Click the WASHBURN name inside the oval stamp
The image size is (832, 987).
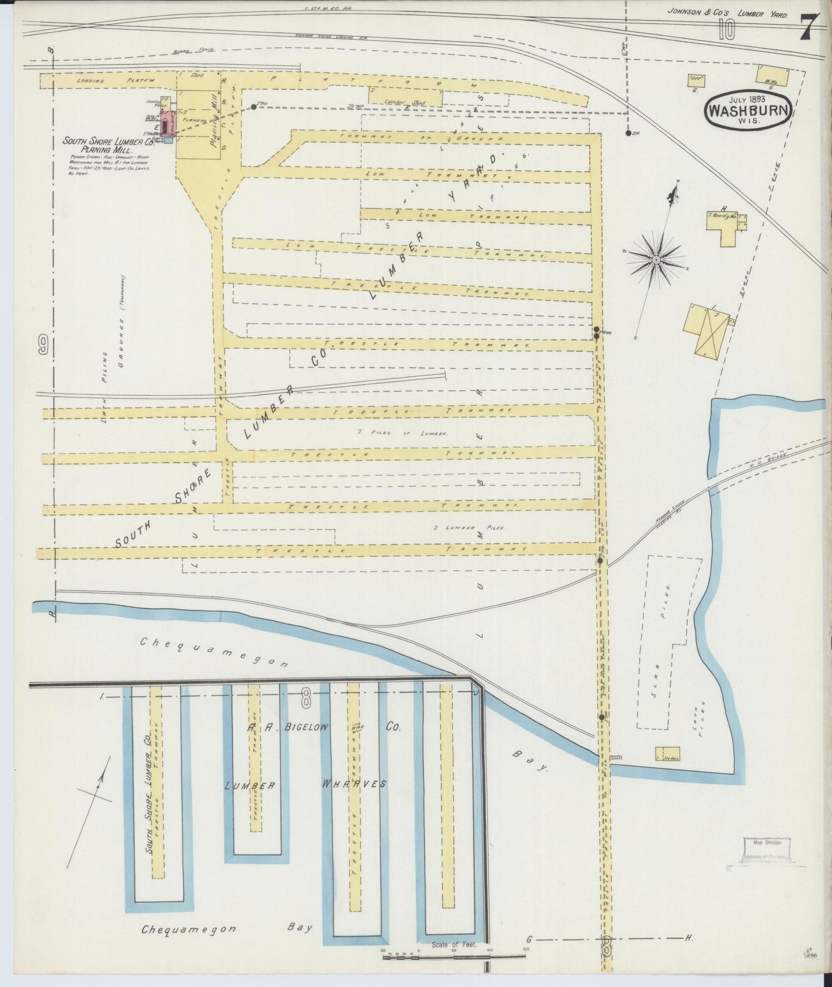click(747, 111)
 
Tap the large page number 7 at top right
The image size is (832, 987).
click(809, 28)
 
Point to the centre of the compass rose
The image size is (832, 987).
click(656, 260)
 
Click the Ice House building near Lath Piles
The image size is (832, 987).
click(667, 754)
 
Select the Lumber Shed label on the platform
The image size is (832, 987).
click(406, 102)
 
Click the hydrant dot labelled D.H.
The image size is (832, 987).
click(628, 133)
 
